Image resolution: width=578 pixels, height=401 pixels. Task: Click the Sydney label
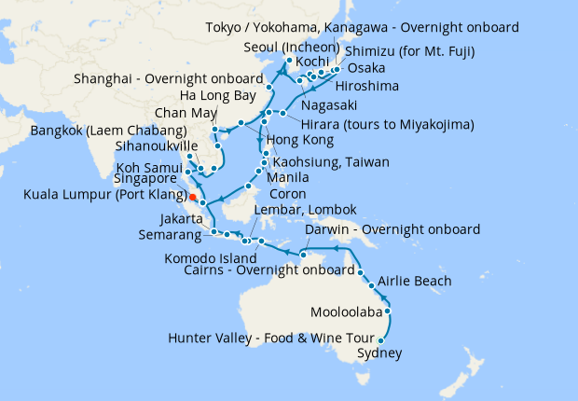pyautogui.click(x=380, y=353)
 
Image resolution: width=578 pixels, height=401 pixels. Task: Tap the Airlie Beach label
pyautogui.click(x=415, y=281)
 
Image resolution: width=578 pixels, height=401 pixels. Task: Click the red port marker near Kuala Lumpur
pyautogui.click(x=192, y=198)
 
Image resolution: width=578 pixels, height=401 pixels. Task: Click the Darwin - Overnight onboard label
pyautogui.click(x=392, y=229)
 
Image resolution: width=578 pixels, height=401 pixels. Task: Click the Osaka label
pyautogui.click(x=365, y=69)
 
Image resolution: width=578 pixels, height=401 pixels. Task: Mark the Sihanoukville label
pyautogui.click(x=157, y=146)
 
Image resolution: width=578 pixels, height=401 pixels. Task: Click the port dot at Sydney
pyautogui.click(x=379, y=340)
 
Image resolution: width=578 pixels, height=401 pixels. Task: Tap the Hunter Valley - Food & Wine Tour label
pyautogui.click(x=271, y=338)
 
